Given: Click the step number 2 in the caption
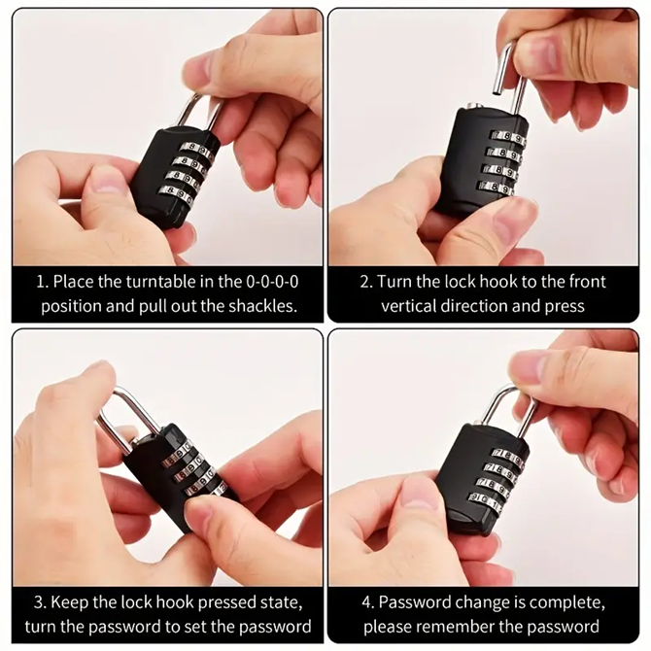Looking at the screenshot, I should (365, 282).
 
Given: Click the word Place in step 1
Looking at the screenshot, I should (74, 282).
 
